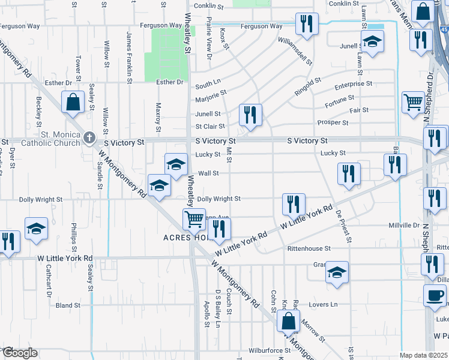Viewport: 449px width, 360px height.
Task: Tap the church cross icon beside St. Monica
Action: tap(89, 138)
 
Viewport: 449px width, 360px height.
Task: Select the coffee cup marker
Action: tap(434, 295)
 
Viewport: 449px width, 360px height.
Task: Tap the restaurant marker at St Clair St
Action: tap(250, 115)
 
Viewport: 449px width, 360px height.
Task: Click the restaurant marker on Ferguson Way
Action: tap(307, 24)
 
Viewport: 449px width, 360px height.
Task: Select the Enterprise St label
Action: tap(353, 85)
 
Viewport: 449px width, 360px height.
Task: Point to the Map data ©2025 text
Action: tap(423, 355)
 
